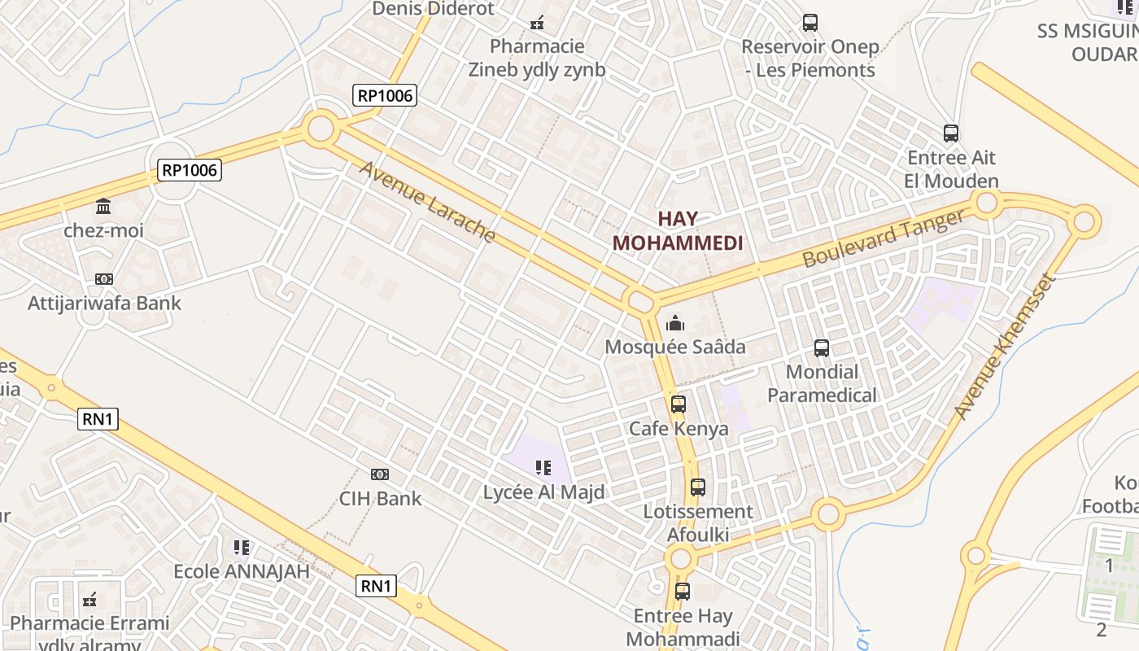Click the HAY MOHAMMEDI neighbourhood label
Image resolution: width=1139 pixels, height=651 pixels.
pyautogui.click(x=678, y=231)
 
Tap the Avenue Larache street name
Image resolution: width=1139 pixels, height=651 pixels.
pyautogui.click(x=427, y=202)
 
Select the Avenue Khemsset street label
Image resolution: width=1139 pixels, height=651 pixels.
pyautogui.click(x=1005, y=347)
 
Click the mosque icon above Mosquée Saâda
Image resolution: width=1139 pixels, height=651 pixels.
pyautogui.click(x=675, y=324)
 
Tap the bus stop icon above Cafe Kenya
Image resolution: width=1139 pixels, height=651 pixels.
pyautogui.click(x=679, y=404)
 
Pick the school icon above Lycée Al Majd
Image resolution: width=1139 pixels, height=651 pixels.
pyautogui.click(x=543, y=468)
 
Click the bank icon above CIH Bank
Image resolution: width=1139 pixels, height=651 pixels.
pyautogui.click(x=380, y=474)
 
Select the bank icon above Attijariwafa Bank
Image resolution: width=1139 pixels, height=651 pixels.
pyautogui.click(x=104, y=279)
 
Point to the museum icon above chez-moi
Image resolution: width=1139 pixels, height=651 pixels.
pyautogui.click(x=103, y=206)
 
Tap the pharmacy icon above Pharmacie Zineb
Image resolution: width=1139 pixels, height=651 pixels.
pyautogui.click(x=537, y=23)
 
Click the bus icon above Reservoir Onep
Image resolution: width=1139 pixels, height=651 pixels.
pyautogui.click(x=810, y=23)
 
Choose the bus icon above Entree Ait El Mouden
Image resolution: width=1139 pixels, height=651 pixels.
pyautogui.click(x=951, y=133)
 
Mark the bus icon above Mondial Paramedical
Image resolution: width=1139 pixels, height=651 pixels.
pyautogui.click(x=822, y=348)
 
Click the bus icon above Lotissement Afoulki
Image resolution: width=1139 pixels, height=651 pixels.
pyautogui.click(x=698, y=487)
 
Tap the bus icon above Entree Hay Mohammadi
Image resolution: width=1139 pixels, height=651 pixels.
pyautogui.click(x=683, y=592)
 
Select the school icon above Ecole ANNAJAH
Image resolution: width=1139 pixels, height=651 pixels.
pyautogui.click(x=242, y=548)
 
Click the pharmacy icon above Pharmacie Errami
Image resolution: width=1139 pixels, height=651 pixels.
pyautogui.click(x=90, y=601)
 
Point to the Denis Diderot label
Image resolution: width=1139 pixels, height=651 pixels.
pyautogui.click(x=433, y=9)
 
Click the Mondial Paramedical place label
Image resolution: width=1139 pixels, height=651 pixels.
pyautogui.click(x=823, y=384)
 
